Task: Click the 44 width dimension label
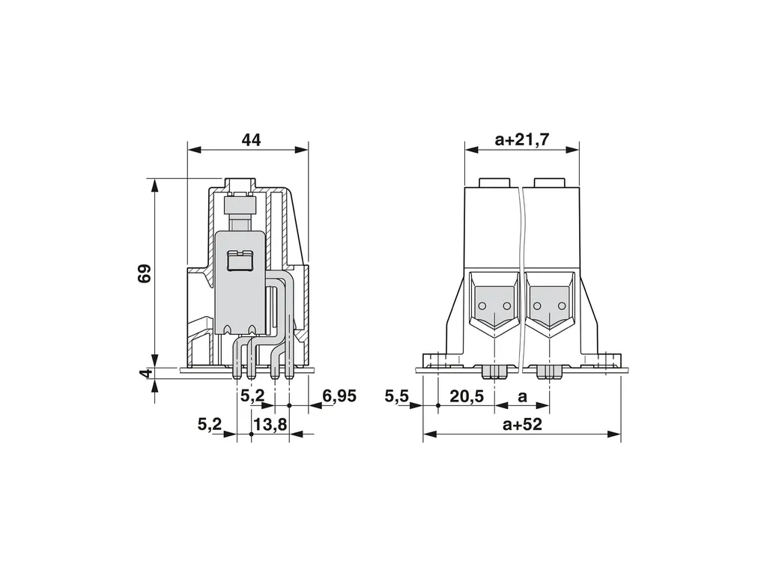coord(252,140)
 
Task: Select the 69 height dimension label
coord(145,274)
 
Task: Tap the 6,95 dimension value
coord(339,396)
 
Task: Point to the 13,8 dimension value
coord(270,425)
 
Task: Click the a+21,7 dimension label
coord(522,140)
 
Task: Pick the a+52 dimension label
coord(522,425)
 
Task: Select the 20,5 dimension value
coord(467,397)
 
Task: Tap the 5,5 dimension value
coord(396,396)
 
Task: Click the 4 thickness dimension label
coord(145,374)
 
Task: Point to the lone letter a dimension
coord(522,397)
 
